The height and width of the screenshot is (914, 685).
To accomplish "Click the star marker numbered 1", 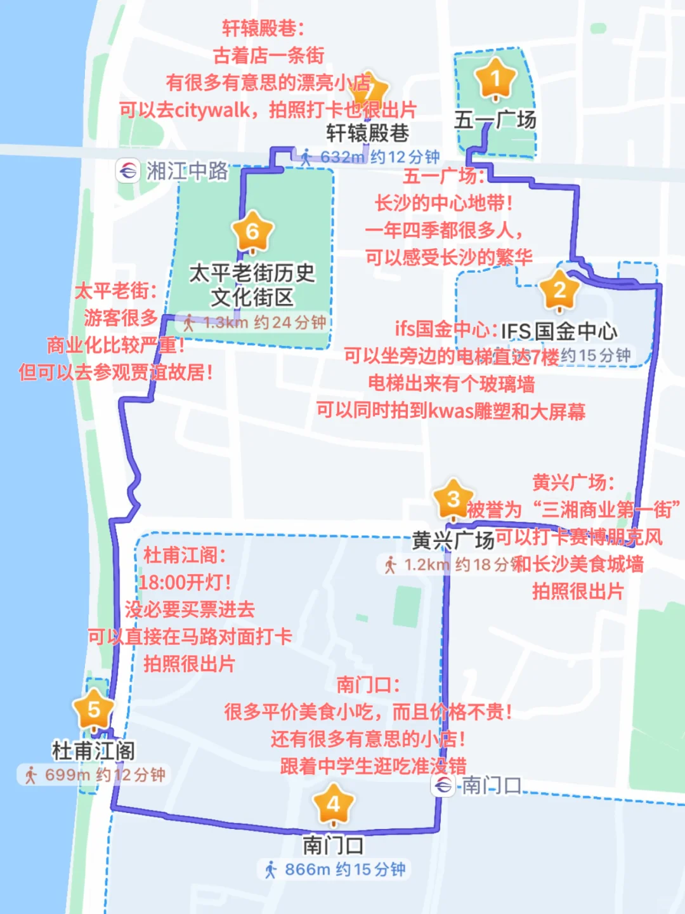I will tap(495, 79).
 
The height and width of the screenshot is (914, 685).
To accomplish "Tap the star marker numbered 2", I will tap(559, 291).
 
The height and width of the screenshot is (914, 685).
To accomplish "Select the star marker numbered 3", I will tap(453, 500).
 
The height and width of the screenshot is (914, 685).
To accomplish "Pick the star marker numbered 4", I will tap(334, 805).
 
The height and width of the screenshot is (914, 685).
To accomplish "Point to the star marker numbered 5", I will tap(94, 710).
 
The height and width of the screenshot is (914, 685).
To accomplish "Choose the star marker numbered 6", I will tap(252, 232).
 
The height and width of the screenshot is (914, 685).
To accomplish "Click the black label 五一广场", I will tap(495, 120).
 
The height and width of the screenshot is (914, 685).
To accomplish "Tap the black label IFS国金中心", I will tap(559, 331).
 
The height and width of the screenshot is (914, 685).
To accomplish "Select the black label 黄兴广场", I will tap(453, 540).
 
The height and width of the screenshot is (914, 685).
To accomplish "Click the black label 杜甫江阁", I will tap(93, 751).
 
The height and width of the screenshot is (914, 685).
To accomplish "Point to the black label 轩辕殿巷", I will tap(367, 133).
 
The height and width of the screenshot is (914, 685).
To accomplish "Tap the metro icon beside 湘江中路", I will tap(127, 171).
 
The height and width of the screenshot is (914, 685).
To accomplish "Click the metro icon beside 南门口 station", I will tap(443, 786).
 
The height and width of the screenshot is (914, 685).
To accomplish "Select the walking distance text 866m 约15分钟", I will tap(344, 870).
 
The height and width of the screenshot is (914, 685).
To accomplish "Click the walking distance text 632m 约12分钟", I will tap(379, 157).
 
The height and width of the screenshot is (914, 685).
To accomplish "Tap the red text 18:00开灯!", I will tap(185, 582).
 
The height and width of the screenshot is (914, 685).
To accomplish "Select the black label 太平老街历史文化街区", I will tap(252, 285).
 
